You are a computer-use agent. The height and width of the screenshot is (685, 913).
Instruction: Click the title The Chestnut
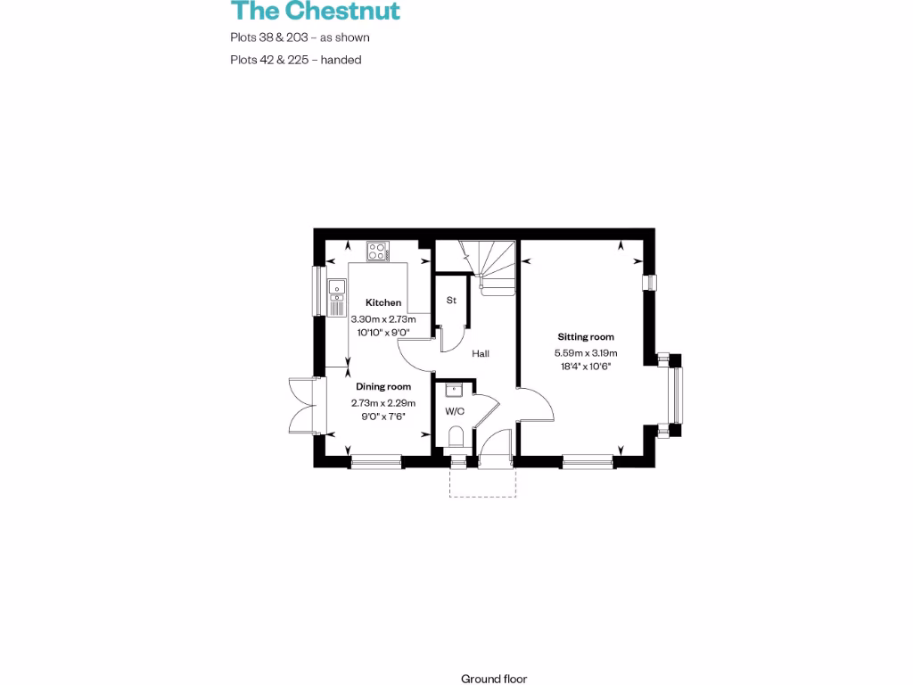316,12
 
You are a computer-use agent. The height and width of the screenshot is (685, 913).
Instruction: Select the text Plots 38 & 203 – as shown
300,37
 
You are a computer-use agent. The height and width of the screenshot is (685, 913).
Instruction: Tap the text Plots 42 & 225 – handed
295,60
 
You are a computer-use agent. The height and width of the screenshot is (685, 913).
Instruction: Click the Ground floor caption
494,679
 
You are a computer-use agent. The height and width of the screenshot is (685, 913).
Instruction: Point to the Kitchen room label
383,303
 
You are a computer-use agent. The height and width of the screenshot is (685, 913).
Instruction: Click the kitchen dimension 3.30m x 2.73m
383,318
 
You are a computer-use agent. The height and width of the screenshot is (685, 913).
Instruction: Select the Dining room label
383,386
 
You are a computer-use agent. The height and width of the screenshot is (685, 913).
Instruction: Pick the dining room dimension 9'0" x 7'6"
383,415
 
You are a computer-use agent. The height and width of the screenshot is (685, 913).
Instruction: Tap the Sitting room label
586,337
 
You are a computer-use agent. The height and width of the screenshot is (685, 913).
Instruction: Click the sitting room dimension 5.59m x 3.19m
586,352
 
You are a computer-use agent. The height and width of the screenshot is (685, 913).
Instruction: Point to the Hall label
481,354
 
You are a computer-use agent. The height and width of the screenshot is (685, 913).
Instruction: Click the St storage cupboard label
451,301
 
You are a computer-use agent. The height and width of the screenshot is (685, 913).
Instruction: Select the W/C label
455,411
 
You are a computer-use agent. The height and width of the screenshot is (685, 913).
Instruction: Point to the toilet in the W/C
456,437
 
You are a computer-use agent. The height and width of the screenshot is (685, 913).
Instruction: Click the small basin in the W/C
453,389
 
